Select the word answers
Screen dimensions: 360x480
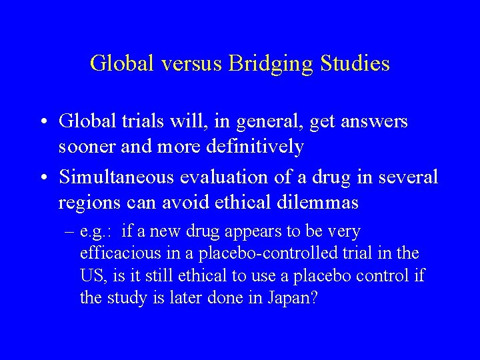coord(371,122)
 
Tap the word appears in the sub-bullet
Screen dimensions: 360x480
coord(259,232)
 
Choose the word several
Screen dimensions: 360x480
coord(407,177)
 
